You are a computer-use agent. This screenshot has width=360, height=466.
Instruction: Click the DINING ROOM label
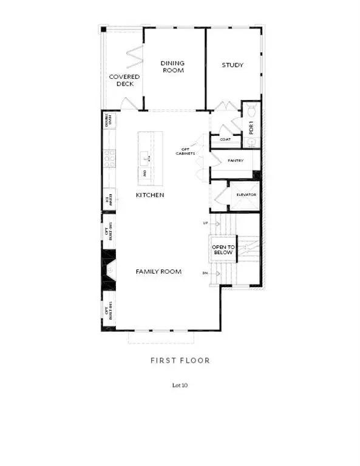tap(172, 66)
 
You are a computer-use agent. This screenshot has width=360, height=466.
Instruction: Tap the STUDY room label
tap(233, 65)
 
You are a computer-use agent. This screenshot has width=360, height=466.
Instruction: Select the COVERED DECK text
tap(124, 81)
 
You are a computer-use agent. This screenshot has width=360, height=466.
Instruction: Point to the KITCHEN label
tap(150, 195)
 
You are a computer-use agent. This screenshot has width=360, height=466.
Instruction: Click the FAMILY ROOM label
tap(158, 272)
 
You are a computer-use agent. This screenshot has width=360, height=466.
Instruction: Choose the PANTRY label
tap(235, 161)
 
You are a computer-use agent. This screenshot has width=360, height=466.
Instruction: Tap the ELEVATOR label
tap(246, 195)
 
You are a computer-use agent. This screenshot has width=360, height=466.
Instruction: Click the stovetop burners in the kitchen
tap(110, 160)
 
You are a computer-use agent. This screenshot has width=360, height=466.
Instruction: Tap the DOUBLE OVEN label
tap(110, 121)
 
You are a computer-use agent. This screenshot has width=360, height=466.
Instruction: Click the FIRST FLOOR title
tap(180, 360)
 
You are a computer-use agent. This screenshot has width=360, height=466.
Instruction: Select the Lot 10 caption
tap(180, 385)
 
